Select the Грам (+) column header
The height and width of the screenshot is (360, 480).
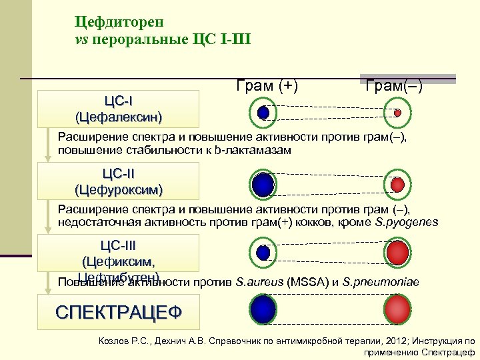[267, 85]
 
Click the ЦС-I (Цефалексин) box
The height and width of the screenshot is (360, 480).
[119, 109]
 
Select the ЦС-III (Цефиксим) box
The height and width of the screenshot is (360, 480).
[119, 254]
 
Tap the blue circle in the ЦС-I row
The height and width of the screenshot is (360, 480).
[263, 113]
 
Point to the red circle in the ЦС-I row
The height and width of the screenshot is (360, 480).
[397, 113]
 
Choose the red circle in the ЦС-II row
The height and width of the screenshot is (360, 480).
[397, 184]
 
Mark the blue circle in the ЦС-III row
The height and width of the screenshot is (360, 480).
[264, 252]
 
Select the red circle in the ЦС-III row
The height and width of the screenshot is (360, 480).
[398, 252]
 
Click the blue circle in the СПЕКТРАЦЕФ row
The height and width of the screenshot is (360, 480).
[264, 310]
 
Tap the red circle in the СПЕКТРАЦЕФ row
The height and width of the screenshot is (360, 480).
[398, 310]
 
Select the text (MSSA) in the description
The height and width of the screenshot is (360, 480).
[307, 282]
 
